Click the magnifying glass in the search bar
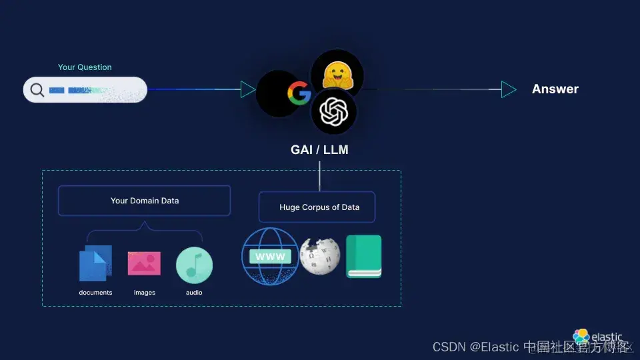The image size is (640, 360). click(37, 90)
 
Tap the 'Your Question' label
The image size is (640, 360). click(85, 67)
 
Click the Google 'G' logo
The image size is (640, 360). click(299, 93)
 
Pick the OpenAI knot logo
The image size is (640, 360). click(334, 112)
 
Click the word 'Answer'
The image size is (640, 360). click(555, 89)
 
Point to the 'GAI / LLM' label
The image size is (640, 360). click(319, 150)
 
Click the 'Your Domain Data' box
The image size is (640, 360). click(144, 201)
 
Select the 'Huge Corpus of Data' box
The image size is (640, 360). click(319, 207)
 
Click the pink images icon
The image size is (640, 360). click(144, 263)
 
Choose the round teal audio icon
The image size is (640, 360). click(194, 265)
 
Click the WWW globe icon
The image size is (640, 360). click(269, 257)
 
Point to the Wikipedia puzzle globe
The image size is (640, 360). click(320, 255)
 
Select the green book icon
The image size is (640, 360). click(363, 257)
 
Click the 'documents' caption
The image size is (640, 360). click(95, 293)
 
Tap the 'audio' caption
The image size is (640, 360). click(194, 293)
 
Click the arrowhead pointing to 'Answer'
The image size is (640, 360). click(509, 89)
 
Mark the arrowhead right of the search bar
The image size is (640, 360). click(248, 89)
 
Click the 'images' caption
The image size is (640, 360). click(144, 293)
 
